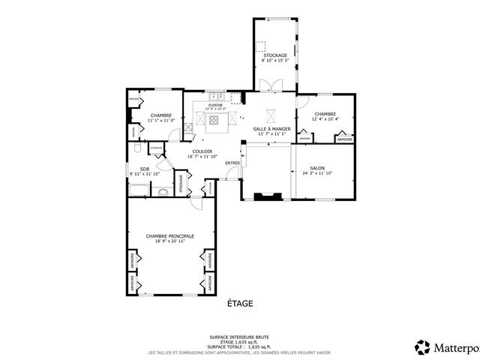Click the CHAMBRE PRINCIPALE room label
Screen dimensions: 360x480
[169, 235]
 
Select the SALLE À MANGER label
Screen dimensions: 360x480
[271, 129]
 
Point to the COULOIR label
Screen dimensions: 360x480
[202, 151]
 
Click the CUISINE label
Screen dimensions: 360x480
[215, 105]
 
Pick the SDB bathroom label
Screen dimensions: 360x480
[145, 169]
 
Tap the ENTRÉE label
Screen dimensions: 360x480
[232, 163]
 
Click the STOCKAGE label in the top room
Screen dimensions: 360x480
[274, 55]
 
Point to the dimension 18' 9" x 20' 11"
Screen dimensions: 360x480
[169, 241]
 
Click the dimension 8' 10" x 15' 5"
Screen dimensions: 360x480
[274, 61]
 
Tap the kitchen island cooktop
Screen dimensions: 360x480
[215, 119]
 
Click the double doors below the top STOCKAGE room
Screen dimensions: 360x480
[268, 85]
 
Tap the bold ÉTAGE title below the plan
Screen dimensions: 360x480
[240, 304]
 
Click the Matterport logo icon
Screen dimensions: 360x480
[422, 346]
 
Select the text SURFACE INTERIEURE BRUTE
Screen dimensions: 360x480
[239, 337]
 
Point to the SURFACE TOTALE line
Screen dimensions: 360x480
[239, 347]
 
